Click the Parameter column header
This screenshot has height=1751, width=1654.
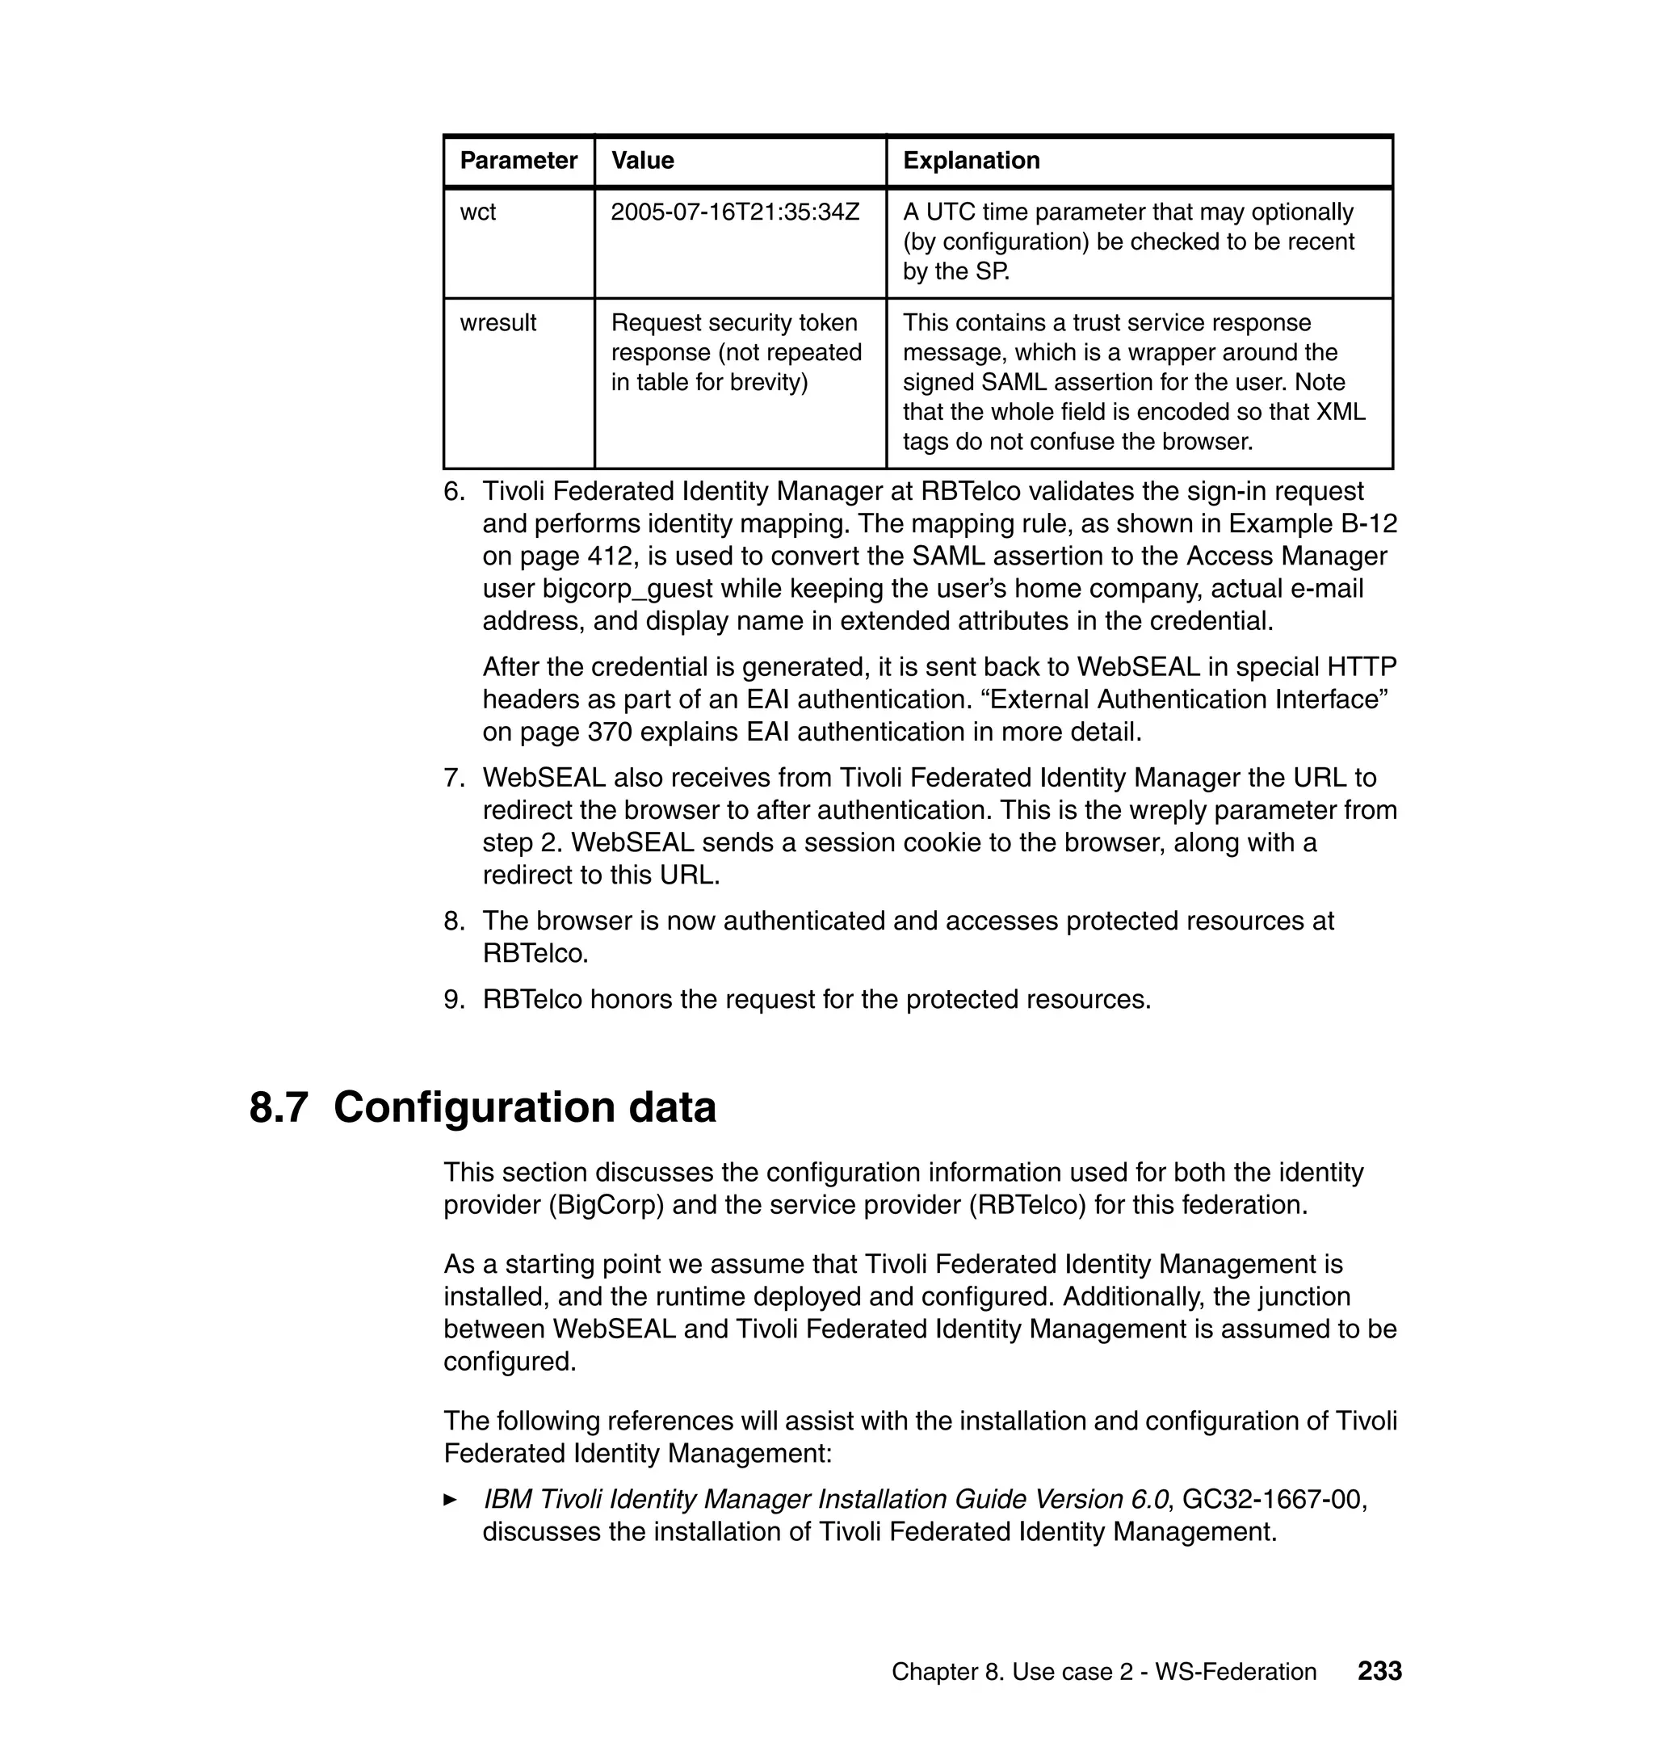coord(518,161)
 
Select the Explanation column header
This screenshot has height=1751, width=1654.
coord(971,161)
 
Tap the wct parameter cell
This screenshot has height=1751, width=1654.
coord(478,212)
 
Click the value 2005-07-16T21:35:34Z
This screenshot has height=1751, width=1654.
coord(734,212)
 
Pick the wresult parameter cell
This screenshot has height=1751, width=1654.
coord(497,323)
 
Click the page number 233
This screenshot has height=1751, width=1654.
coord(1379,1672)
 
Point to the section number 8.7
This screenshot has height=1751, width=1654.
coord(279,1108)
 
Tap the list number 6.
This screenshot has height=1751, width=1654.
coord(453,492)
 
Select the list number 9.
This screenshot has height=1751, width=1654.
coord(453,1000)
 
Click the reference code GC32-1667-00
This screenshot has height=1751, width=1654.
coord(1272,1500)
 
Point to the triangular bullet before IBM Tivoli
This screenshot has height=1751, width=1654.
coord(450,1500)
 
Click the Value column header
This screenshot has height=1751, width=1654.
coord(642,161)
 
